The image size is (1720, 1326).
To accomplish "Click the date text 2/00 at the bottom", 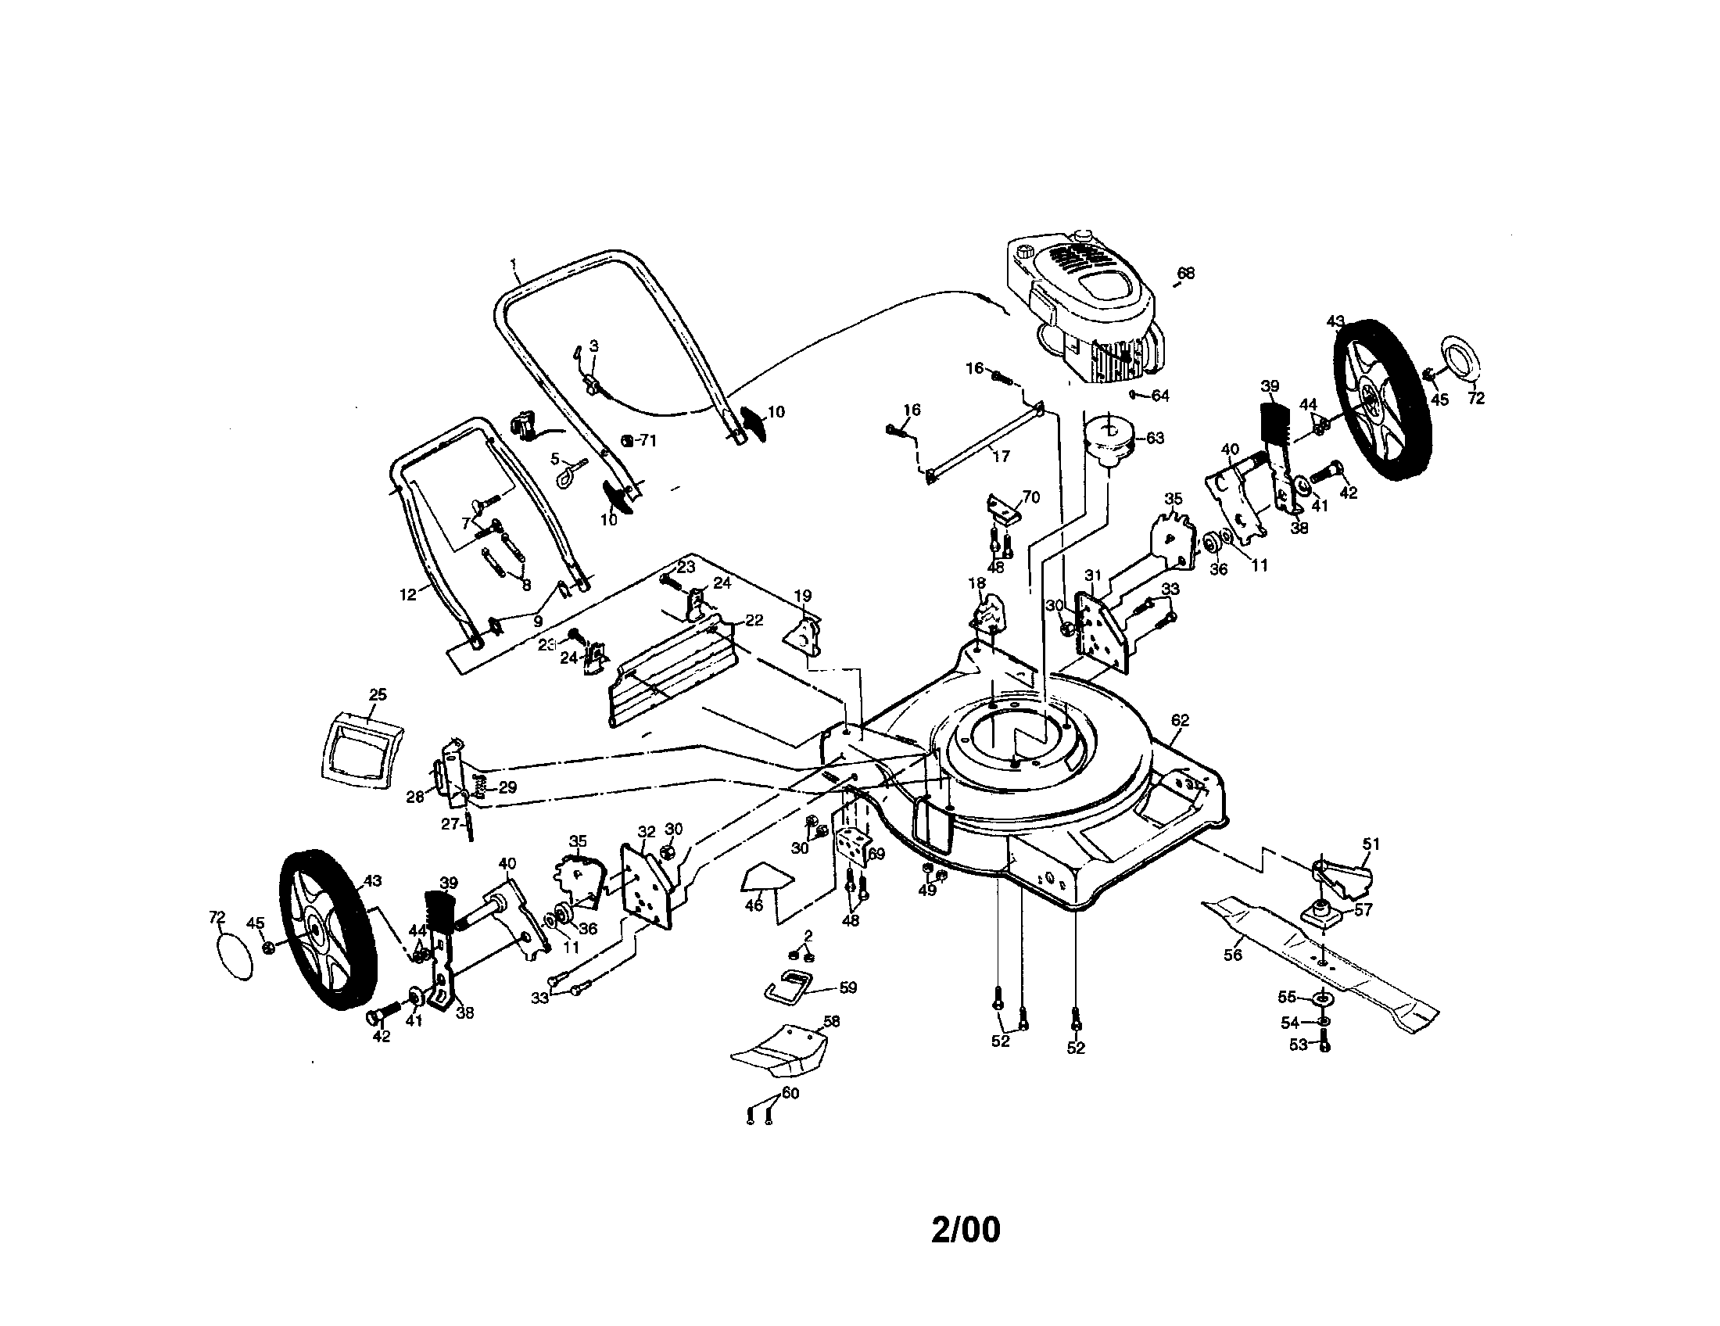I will click(x=966, y=1230).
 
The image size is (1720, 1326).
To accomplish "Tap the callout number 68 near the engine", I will click(x=1185, y=273).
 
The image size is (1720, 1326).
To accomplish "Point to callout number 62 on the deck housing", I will click(x=1180, y=720).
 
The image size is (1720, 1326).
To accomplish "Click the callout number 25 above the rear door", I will click(x=378, y=694).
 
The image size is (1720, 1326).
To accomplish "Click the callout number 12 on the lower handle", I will click(x=408, y=595).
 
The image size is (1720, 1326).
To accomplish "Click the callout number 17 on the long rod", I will click(x=1001, y=456).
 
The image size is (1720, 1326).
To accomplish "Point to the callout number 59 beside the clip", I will click(x=848, y=987).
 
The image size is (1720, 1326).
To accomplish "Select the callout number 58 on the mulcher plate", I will click(x=831, y=1021).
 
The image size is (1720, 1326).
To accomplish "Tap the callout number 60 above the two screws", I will click(x=790, y=1094).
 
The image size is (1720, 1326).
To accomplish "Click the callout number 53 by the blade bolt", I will click(x=1298, y=1045).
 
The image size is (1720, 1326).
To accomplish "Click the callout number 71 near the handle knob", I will click(x=647, y=441).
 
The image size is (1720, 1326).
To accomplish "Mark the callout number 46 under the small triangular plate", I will click(x=754, y=905).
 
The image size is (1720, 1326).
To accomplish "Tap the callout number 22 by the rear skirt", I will click(x=754, y=621).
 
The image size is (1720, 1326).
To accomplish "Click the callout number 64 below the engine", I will click(x=1160, y=396).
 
